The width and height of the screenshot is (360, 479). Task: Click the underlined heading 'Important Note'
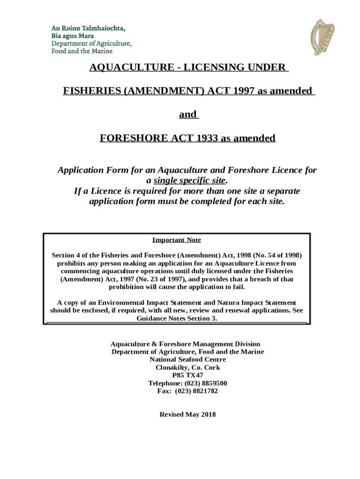(x=177, y=240)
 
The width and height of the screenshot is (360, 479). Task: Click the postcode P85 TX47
(x=187, y=375)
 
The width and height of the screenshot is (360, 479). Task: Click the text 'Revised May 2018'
(x=187, y=414)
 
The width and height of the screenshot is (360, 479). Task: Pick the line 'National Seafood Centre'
(x=187, y=359)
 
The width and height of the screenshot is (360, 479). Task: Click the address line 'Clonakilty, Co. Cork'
(x=187, y=367)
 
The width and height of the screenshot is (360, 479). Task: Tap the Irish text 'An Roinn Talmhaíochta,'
(x=88, y=29)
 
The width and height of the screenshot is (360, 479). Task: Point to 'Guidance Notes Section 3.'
(x=177, y=319)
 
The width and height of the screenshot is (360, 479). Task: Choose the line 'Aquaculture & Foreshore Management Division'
(x=185, y=344)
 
